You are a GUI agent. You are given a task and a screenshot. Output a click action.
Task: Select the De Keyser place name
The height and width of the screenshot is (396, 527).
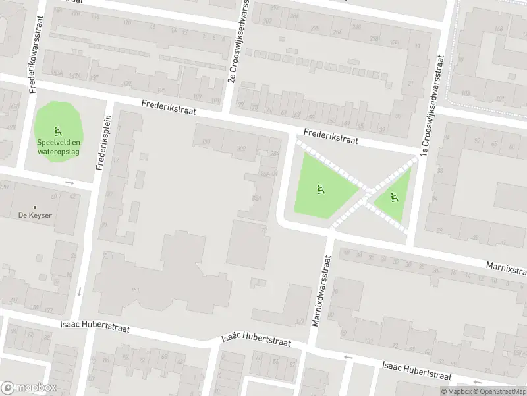click(35, 215)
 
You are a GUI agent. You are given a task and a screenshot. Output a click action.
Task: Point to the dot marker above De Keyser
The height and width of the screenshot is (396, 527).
click(35, 205)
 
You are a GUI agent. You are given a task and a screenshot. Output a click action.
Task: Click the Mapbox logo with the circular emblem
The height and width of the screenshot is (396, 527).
click(28, 388)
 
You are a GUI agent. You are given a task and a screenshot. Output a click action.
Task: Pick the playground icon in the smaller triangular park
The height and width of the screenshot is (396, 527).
click(394, 197)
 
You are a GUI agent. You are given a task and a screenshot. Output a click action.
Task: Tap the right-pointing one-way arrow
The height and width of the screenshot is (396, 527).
click(69, 182)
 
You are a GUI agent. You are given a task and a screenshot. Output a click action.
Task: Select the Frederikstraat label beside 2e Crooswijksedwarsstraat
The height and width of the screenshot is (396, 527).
click(168, 108)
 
